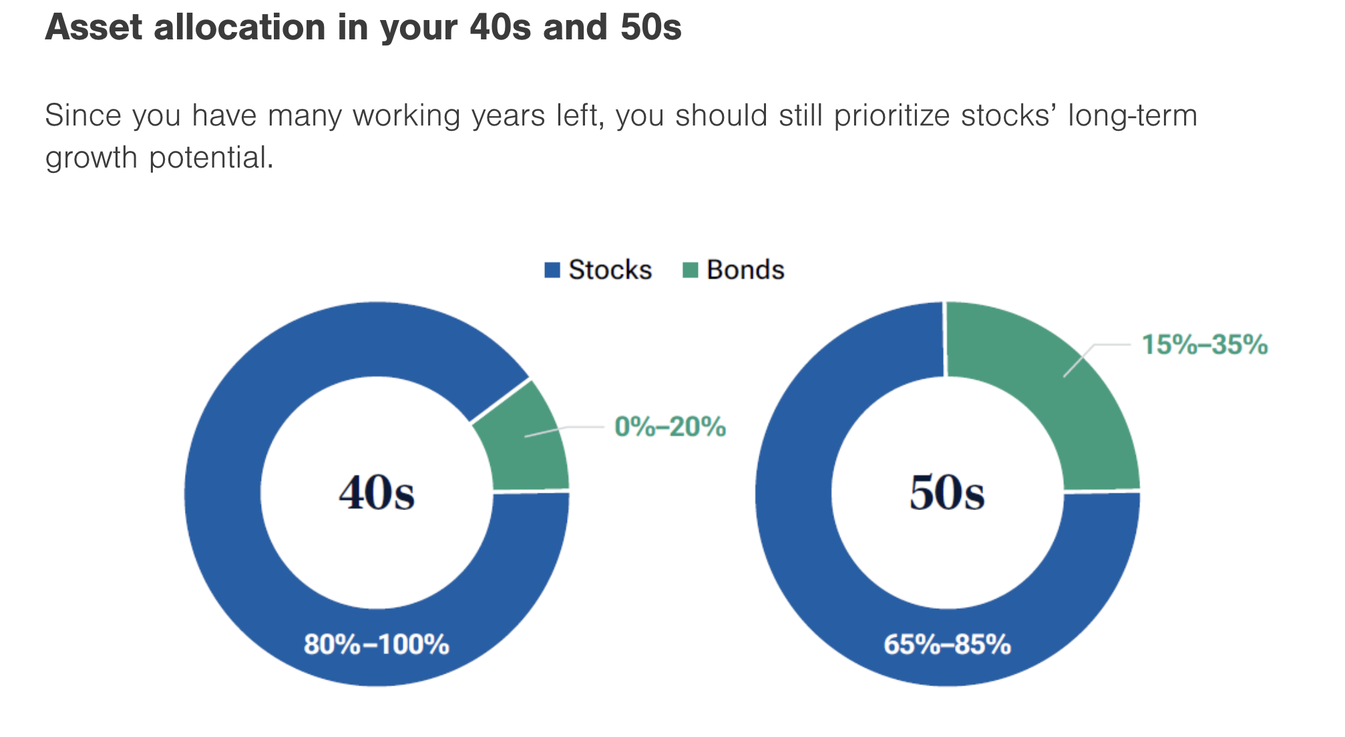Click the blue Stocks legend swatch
point(552,270)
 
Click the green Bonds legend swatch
point(690,270)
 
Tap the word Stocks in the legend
point(610,270)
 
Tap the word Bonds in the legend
point(745,270)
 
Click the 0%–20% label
point(670,427)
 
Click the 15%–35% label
point(1204,345)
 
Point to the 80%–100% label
point(377,645)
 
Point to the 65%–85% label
point(947,645)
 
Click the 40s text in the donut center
point(377,494)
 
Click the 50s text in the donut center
point(947,494)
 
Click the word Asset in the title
point(93,28)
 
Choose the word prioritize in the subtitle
point(894,115)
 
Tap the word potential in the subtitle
point(211,158)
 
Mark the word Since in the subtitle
point(83,115)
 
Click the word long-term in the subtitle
point(1133,115)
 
